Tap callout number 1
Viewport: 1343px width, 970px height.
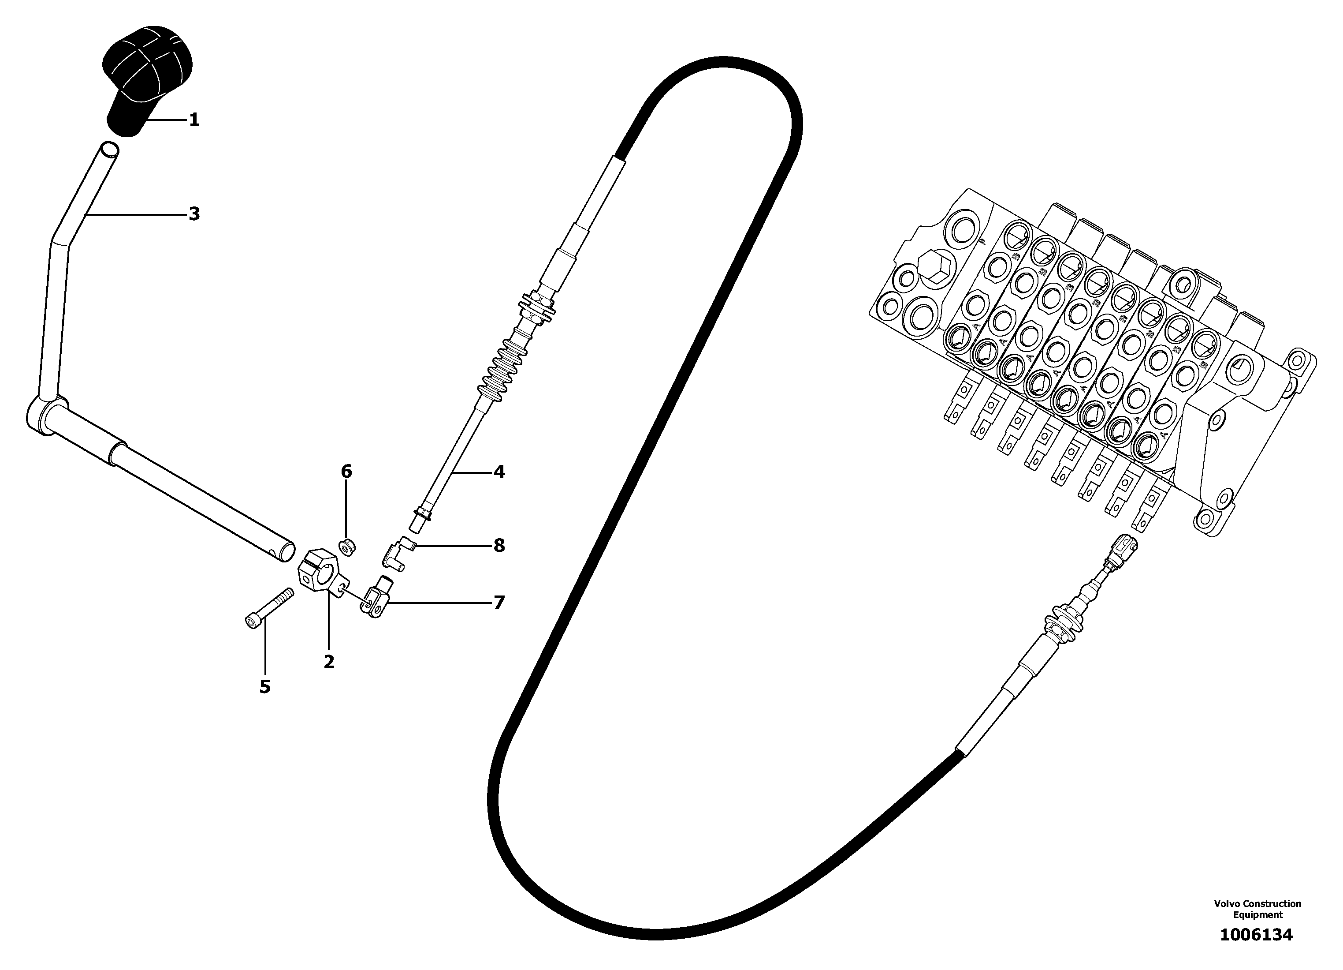pyautogui.click(x=194, y=120)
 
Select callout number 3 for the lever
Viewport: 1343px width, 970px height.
pyautogui.click(x=194, y=214)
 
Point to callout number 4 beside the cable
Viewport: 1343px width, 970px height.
pyautogui.click(x=499, y=472)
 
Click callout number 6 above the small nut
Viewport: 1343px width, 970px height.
pyautogui.click(x=346, y=472)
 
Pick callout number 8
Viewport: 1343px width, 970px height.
pyautogui.click(x=499, y=546)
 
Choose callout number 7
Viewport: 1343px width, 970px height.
pyautogui.click(x=499, y=603)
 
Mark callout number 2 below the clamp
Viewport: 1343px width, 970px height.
pyautogui.click(x=329, y=662)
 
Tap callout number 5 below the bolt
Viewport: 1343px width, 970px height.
pyautogui.click(x=265, y=687)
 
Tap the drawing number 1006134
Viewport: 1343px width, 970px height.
pyautogui.click(x=1256, y=935)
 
